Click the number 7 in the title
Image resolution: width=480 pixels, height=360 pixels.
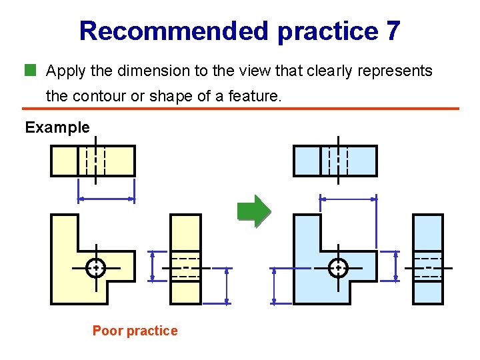(392, 31)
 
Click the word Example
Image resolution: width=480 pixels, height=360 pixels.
(57, 127)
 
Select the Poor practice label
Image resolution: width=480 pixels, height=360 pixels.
(135, 331)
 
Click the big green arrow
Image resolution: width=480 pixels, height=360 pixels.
(254, 212)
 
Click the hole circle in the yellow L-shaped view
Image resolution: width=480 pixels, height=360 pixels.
(96, 267)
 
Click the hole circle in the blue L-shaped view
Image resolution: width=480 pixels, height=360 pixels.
(339, 267)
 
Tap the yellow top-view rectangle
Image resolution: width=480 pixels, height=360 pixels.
(67, 161)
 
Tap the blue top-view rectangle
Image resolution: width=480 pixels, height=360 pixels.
(310, 161)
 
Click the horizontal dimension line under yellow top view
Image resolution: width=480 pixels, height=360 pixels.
(107, 198)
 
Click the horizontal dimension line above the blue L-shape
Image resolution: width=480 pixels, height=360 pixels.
(348, 198)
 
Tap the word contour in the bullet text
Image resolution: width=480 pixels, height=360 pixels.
(97, 96)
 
